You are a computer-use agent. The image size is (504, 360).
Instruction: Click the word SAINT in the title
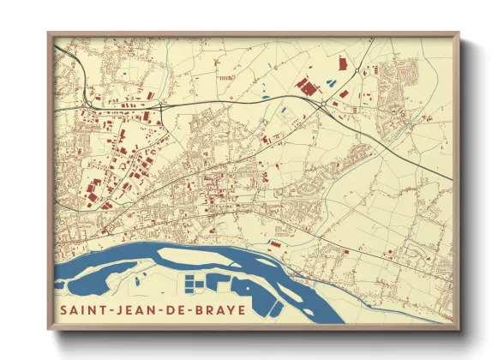tap(81, 309)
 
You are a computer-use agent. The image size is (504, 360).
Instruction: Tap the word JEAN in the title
tap(129, 309)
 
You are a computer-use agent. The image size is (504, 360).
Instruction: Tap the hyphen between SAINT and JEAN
tap(106, 309)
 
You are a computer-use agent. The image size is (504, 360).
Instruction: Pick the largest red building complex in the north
tap(305, 85)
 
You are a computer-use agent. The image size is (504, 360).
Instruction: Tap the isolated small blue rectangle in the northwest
tap(123, 74)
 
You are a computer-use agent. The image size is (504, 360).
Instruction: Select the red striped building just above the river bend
tap(276, 243)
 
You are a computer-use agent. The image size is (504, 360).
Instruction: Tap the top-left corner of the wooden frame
tap(49, 34)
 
